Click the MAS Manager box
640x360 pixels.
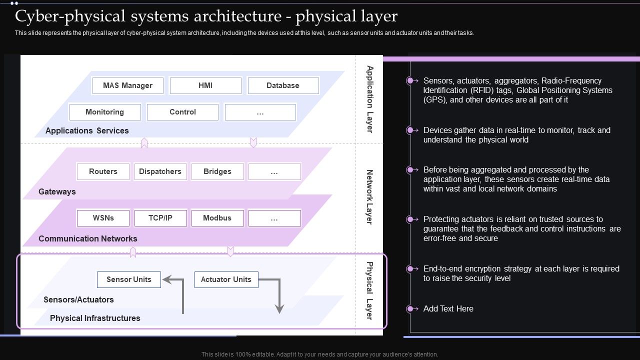pos(128,85)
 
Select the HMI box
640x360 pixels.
pos(205,85)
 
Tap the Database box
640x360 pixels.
pos(283,85)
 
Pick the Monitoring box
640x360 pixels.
pos(104,112)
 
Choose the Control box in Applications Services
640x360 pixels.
pos(182,112)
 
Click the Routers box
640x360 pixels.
pos(103,171)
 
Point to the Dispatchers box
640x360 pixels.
pos(160,171)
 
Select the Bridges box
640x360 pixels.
pos(217,171)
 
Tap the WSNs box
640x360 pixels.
pos(103,218)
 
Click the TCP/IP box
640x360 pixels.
pos(160,218)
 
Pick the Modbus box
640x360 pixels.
pos(217,218)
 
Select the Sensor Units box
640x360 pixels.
pos(128,279)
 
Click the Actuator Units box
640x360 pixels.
pos(226,279)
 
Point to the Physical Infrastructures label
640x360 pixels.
pos(95,318)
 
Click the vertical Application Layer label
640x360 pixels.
pos(369,99)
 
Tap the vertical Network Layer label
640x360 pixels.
pos(369,197)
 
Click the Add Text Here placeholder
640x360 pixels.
pos(448,308)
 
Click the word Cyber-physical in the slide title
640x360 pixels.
pos(71,16)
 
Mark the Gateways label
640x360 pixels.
pos(57,191)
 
